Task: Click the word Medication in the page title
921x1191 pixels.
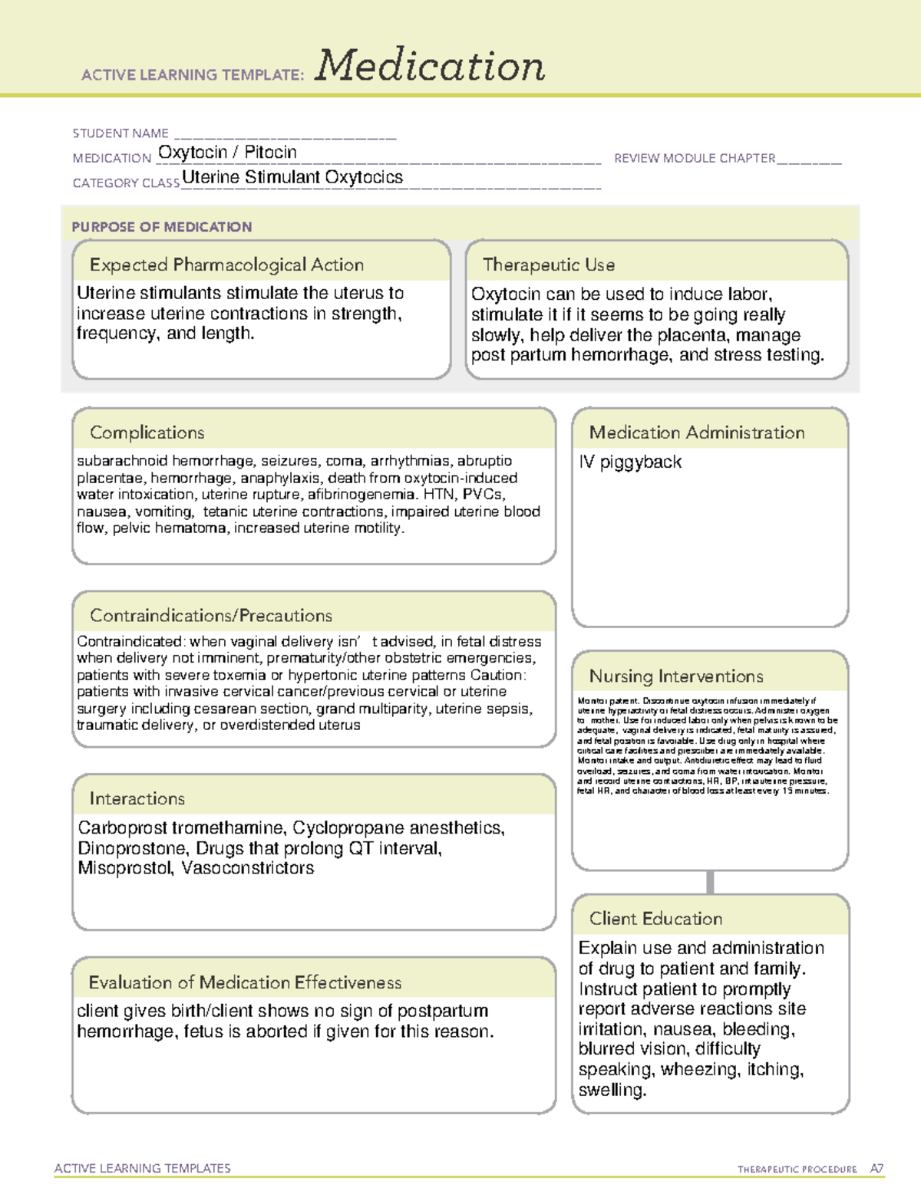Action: (x=429, y=66)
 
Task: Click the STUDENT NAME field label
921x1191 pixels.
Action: (x=120, y=133)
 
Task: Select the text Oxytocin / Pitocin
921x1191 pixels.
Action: (x=227, y=153)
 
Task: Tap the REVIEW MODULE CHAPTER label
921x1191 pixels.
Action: (x=695, y=158)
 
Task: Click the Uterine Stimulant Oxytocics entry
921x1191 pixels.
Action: (x=292, y=177)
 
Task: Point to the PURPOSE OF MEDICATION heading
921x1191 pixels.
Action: (x=162, y=227)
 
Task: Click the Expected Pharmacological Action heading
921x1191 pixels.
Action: (x=226, y=265)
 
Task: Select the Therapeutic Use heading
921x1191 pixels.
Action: (x=549, y=265)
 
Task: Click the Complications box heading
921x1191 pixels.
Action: (x=147, y=433)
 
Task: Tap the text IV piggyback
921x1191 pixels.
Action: (x=630, y=462)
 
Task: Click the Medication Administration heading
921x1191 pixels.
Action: (x=697, y=433)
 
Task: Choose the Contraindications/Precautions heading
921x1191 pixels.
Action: (x=211, y=615)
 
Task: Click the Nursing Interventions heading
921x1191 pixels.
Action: (x=676, y=676)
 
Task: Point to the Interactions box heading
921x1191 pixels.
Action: (x=137, y=798)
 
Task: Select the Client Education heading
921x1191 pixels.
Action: (x=655, y=919)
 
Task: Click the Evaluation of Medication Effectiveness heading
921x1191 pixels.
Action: (x=245, y=982)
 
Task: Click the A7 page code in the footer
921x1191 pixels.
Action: (x=876, y=1169)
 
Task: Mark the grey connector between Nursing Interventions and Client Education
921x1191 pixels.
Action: (x=710, y=882)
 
